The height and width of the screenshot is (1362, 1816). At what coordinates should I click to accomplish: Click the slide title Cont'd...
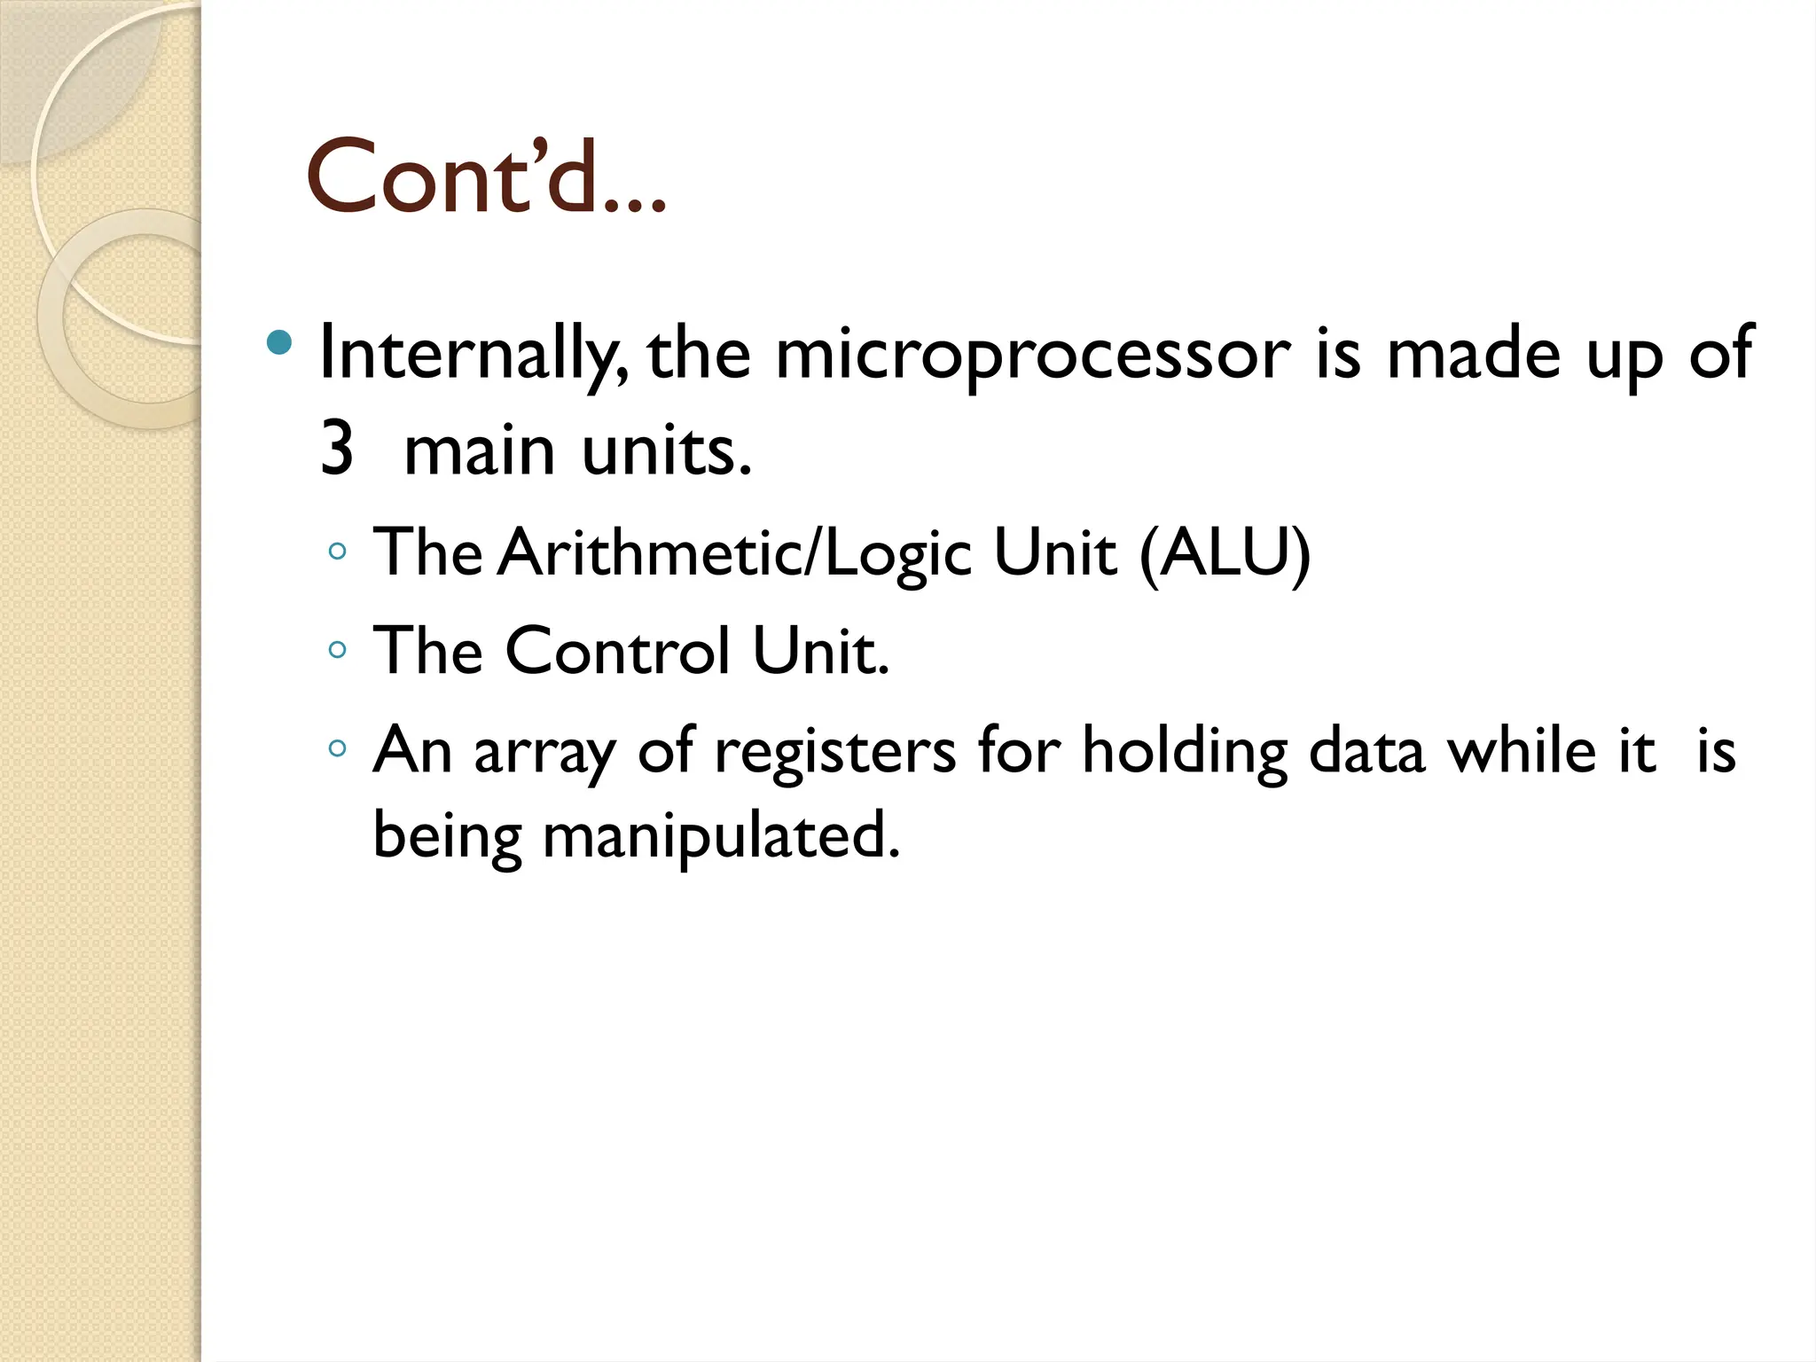pos(485,177)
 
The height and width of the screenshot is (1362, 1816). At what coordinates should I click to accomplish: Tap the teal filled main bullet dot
pos(278,342)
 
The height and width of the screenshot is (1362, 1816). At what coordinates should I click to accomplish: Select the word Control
pos(618,652)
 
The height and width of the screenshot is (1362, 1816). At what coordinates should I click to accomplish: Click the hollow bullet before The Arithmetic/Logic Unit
pos(336,552)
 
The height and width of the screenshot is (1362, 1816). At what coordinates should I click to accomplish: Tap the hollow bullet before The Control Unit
pos(336,650)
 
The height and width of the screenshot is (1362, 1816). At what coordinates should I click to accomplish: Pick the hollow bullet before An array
pos(336,748)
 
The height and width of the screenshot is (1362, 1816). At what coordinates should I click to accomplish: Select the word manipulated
pos(721,836)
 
